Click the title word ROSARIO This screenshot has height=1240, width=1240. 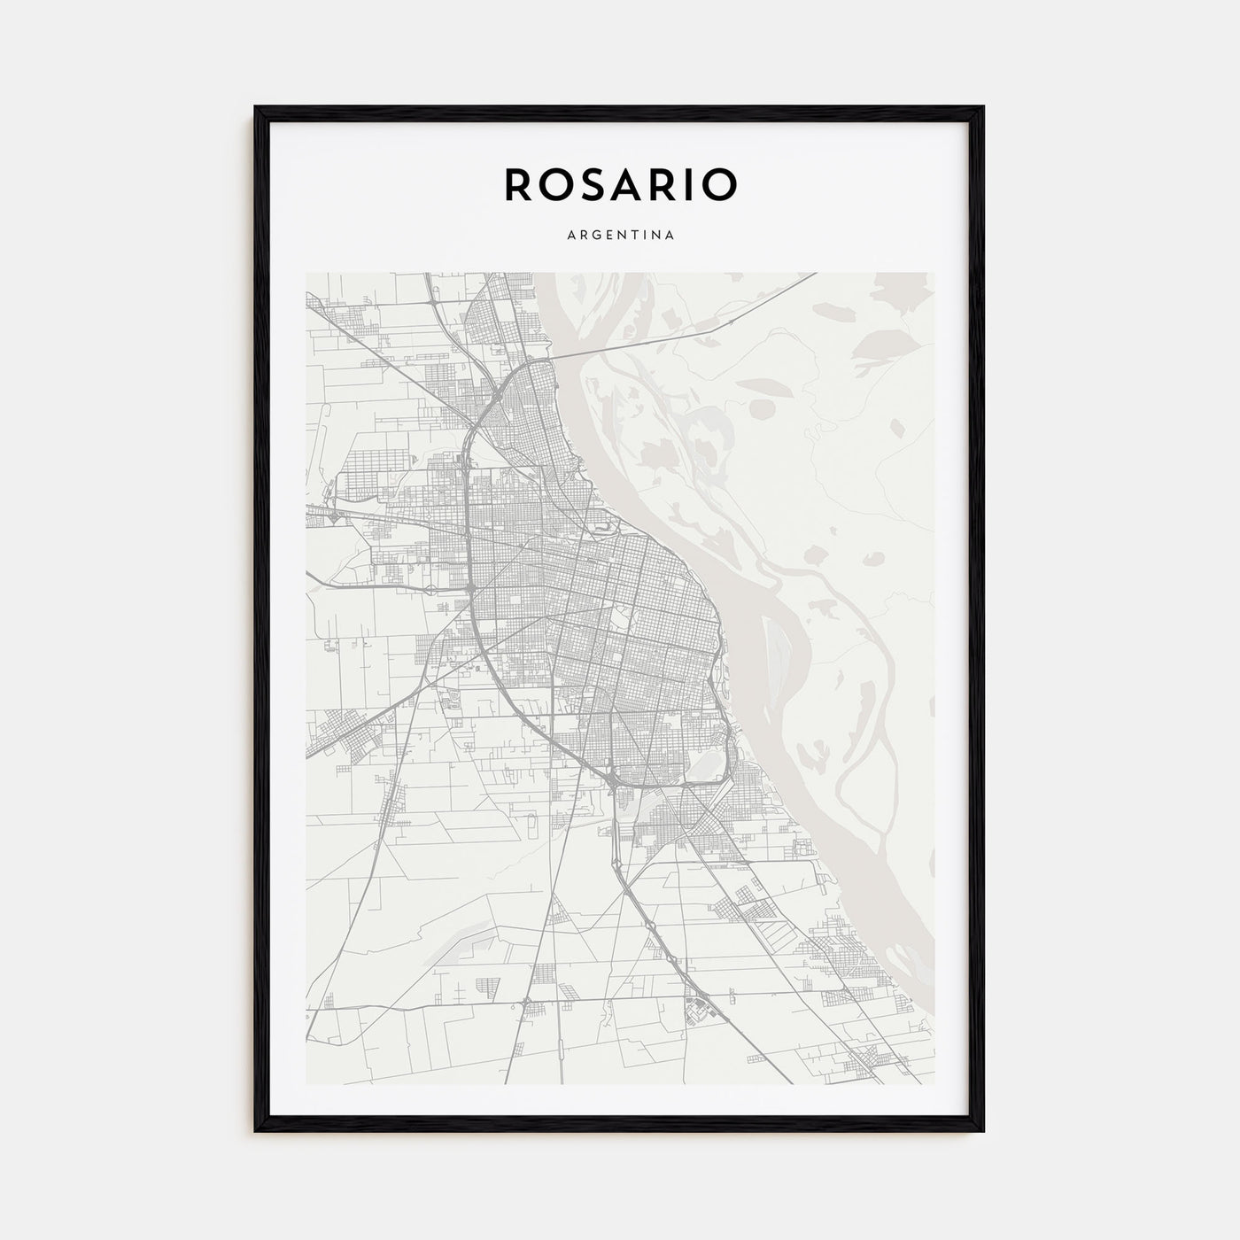coord(620,184)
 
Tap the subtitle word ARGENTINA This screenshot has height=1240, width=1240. coord(620,236)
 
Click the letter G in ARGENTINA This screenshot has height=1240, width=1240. coord(594,236)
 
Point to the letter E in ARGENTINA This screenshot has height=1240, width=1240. coord(608,236)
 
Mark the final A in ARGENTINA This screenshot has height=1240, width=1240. coord(672,236)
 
